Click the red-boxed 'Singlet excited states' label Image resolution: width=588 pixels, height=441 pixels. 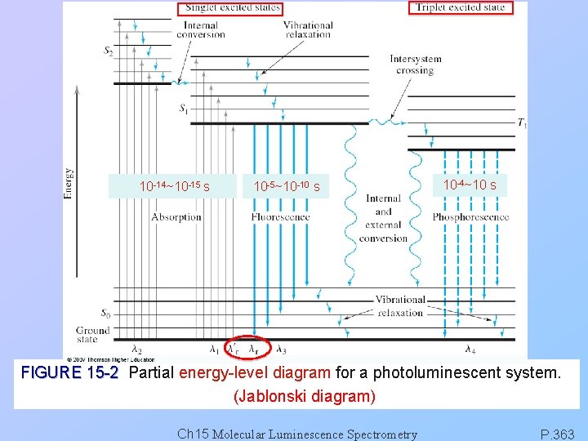coord(233,8)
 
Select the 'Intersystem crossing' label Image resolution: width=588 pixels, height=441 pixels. coord(416,65)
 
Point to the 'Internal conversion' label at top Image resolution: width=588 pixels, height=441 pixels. coord(200,30)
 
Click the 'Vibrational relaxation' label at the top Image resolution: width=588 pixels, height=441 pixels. coord(308,30)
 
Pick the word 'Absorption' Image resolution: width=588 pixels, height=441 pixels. coord(176,217)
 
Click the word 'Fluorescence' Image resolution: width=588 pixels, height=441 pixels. coord(281,217)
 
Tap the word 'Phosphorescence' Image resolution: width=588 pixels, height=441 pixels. coord(471,217)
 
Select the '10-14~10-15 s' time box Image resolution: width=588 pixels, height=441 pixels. coord(175,186)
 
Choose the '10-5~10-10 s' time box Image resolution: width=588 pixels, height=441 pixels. coord(287,187)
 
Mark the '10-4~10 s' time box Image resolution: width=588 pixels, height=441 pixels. coord(470,185)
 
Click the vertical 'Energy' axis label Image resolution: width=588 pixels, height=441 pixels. coord(69,184)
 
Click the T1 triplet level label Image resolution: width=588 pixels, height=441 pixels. coord(522,123)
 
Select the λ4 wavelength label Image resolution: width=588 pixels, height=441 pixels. coord(471,350)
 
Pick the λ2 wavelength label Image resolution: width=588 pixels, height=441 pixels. coord(136,350)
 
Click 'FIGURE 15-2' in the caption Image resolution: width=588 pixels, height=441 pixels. coord(69,374)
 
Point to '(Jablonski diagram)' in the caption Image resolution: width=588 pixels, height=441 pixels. coord(305,397)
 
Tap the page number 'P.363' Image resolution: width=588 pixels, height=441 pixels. coord(558,434)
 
